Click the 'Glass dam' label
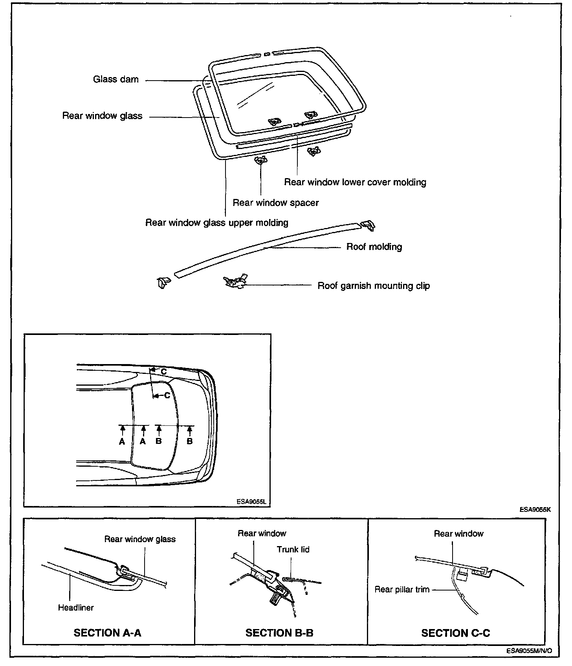[x=116, y=79]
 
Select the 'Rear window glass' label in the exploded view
[x=102, y=116]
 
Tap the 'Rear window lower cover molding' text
[x=355, y=182]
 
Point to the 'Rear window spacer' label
[x=275, y=203]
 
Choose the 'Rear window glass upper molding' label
[x=217, y=223]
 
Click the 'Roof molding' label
[x=374, y=247]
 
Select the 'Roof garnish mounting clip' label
[x=374, y=286]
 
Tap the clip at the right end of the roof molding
[x=368, y=225]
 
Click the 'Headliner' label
[x=76, y=608]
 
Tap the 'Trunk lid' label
[x=293, y=550]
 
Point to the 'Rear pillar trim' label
[x=402, y=590]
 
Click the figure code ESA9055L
[x=251, y=502]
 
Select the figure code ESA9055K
[x=535, y=510]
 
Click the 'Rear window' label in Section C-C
[x=458, y=534]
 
